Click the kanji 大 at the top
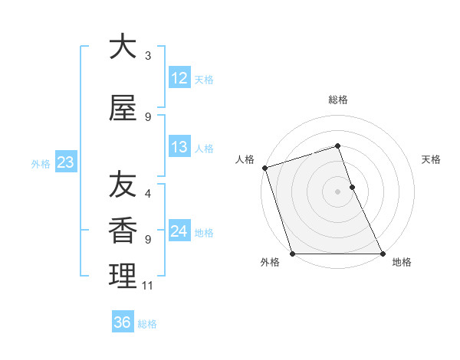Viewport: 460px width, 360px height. coord(122,47)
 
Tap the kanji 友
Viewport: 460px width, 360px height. coord(122,185)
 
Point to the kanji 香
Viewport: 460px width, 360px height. coord(122,230)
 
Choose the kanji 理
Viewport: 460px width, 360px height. coord(122,276)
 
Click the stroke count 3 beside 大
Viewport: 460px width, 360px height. coord(148,56)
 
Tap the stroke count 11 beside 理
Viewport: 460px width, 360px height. coord(148,286)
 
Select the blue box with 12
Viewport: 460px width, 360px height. coord(179,78)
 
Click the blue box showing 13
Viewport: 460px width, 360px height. coord(179,147)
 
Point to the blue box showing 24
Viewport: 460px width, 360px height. coord(179,231)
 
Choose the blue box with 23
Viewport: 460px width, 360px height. coord(64,162)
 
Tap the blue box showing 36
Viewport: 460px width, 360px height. coord(122,322)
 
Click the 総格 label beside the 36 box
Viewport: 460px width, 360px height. coord(147,324)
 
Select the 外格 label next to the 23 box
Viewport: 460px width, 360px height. coord(40,163)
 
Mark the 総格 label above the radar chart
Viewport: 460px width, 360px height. coord(337,100)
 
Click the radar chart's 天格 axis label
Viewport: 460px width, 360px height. coord(432,159)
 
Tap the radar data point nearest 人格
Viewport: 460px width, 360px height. coord(264,168)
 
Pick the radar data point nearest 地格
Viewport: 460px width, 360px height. coord(382,253)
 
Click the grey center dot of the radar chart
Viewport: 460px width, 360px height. coord(337,191)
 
